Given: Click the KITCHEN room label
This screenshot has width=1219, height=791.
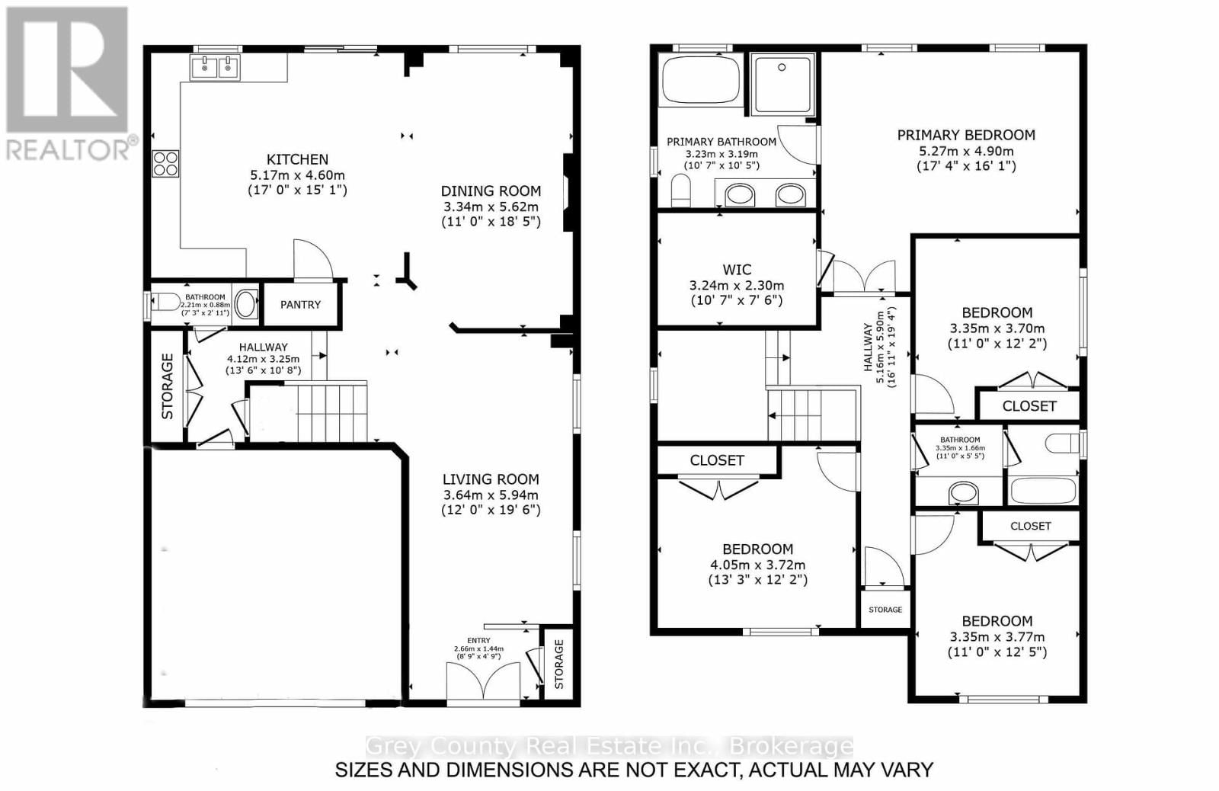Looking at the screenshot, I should click(297, 159).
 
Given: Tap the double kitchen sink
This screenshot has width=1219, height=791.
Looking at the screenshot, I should click(216, 68).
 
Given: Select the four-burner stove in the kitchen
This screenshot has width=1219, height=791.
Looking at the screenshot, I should click(166, 163).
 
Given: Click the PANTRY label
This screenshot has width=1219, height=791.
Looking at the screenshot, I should click(300, 305).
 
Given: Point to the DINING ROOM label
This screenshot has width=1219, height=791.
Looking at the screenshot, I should click(491, 191).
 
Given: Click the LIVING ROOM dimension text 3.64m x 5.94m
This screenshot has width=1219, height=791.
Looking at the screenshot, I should click(491, 495).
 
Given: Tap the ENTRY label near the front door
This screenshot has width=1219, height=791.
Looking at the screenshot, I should click(478, 641).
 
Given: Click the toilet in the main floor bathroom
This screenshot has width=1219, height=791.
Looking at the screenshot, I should click(169, 303).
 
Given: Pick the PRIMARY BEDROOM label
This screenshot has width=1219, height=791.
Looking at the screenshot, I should click(966, 136).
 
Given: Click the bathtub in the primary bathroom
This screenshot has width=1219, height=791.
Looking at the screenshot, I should click(700, 78).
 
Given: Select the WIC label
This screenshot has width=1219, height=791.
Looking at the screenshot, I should click(737, 270).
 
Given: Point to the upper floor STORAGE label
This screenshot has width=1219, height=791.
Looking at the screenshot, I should click(885, 610).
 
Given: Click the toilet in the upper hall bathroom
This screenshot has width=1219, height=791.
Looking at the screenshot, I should click(1062, 443).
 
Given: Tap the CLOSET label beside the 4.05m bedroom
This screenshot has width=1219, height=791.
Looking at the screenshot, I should click(716, 460).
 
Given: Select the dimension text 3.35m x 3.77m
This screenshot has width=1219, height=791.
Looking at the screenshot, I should click(997, 637).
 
